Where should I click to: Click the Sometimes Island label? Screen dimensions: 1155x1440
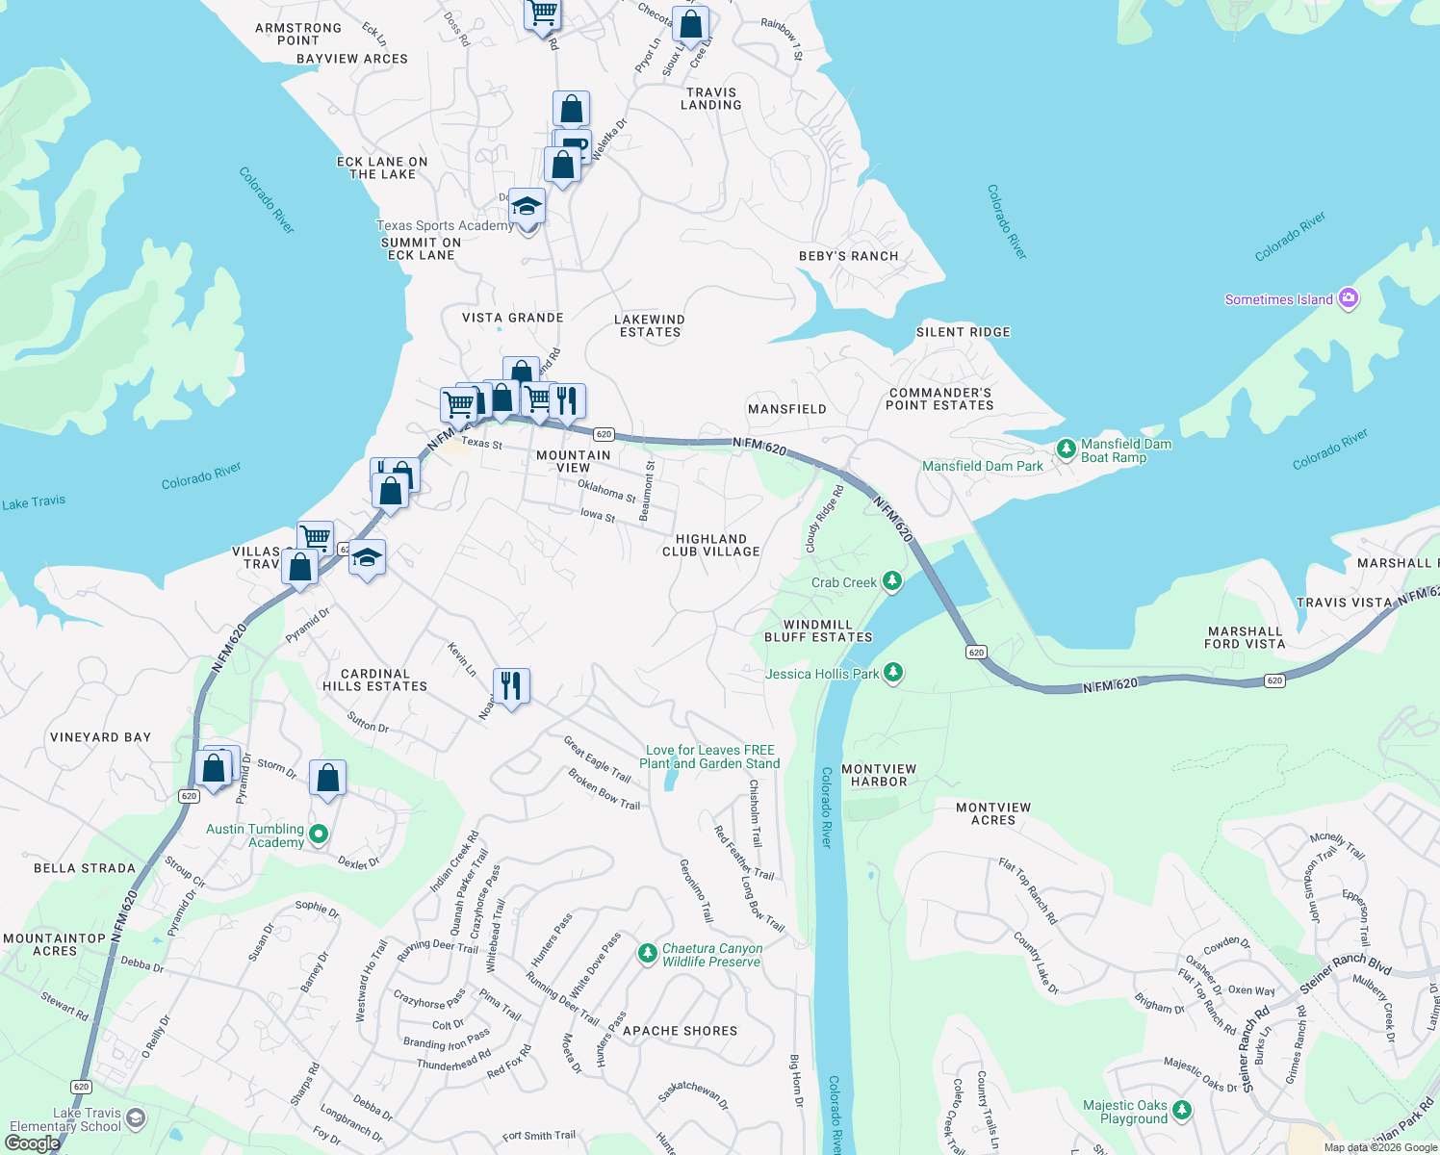click(1278, 299)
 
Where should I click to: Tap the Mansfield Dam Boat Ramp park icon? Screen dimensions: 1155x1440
click(1066, 449)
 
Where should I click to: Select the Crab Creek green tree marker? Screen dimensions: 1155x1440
click(892, 581)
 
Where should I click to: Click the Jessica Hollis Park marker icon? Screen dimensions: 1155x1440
click(893, 672)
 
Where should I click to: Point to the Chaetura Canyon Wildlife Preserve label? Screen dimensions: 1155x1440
click(712, 955)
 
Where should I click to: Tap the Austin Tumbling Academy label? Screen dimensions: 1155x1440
click(255, 835)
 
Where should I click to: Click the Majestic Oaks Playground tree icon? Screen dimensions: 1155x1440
click(1182, 1111)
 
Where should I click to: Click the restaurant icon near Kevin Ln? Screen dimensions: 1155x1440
click(511, 685)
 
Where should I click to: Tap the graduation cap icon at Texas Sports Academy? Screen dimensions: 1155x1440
click(527, 206)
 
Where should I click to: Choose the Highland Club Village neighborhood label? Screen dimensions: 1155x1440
click(711, 546)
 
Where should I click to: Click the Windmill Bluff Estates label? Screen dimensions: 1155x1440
click(818, 631)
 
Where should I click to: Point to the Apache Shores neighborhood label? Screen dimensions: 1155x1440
click(680, 1031)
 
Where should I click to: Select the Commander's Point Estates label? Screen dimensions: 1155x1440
click(939, 399)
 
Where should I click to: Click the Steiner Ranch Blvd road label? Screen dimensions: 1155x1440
click(1345, 974)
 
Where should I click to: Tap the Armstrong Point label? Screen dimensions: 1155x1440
click(298, 35)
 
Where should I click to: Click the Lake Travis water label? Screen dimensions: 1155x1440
click(34, 502)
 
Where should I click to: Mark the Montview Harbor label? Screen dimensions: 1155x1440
click(879, 776)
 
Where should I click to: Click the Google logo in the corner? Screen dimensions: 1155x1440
click(32, 1142)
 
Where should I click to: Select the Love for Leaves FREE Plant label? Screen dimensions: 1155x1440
click(710, 757)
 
